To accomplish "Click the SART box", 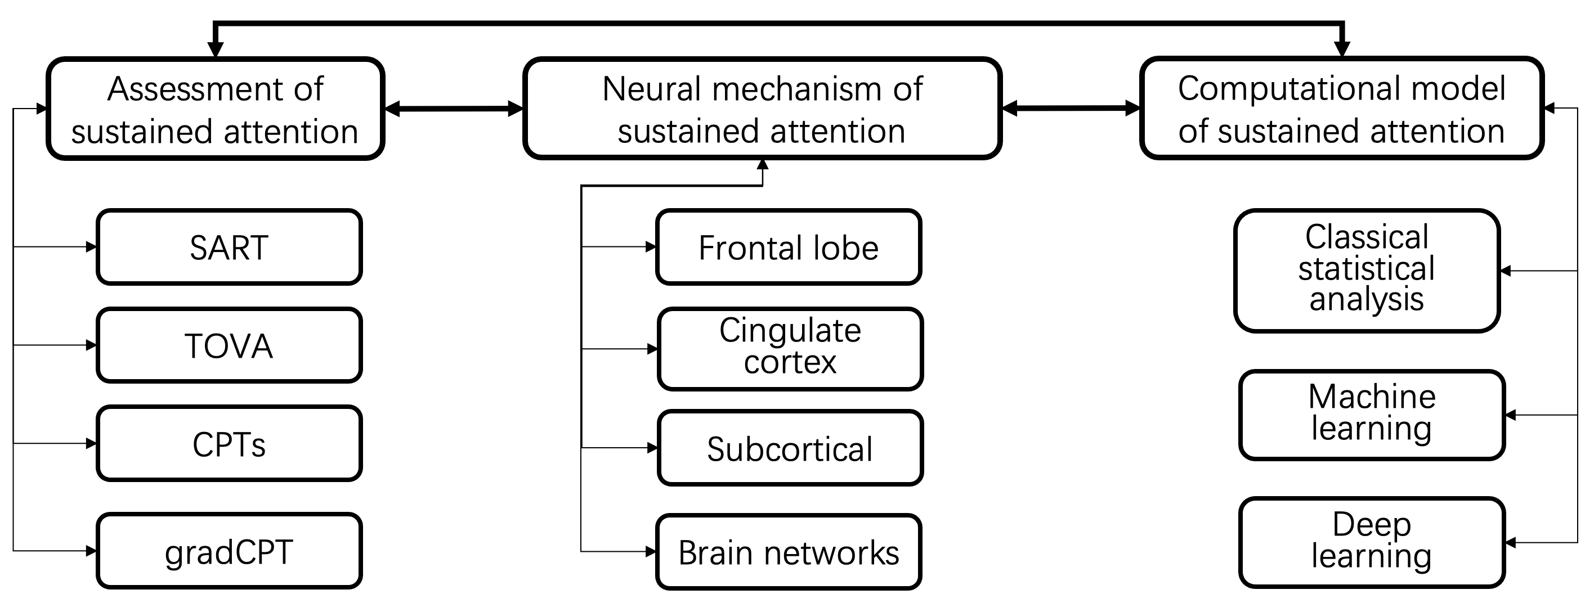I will (x=229, y=247).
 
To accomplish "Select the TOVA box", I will (x=229, y=345).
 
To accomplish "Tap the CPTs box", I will (x=229, y=444).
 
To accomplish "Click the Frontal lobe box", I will (x=789, y=247).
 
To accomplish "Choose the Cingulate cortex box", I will (x=790, y=349).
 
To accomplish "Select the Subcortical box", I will (x=790, y=448).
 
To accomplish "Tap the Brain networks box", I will (x=789, y=552).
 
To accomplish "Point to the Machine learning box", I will (x=1371, y=415).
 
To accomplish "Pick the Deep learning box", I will (x=1371, y=543).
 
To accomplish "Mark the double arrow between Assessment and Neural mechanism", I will (x=454, y=109).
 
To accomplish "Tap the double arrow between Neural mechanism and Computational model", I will (x=1071, y=109).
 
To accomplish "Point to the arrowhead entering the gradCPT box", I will (x=91, y=551).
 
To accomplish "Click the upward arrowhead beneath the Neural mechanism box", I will (x=762, y=164).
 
